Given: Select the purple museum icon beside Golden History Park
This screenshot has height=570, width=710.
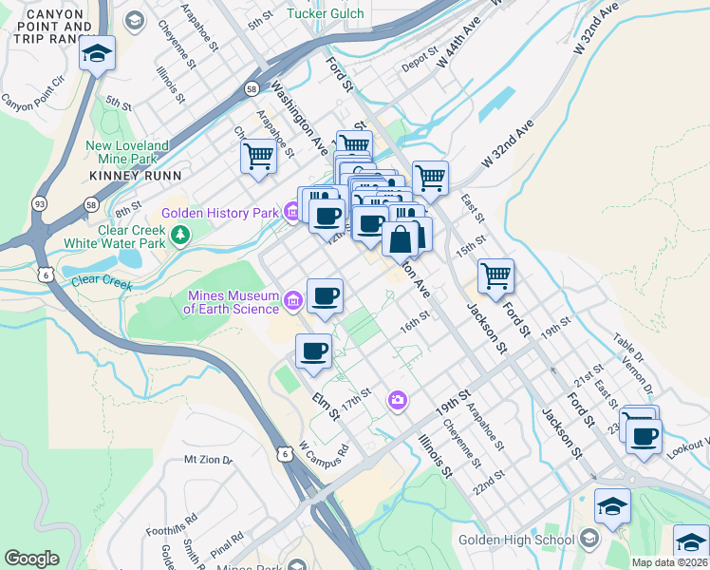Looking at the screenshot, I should tap(292, 212).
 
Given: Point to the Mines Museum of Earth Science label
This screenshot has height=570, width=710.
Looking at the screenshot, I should tap(232, 301).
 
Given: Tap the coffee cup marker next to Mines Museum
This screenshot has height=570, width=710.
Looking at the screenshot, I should tap(326, 296).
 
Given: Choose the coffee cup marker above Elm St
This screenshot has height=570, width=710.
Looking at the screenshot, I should tap(314, 351).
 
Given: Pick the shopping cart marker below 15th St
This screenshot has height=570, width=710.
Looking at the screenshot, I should tap(495, 276).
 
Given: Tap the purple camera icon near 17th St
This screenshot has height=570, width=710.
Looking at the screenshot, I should tap(397, 401).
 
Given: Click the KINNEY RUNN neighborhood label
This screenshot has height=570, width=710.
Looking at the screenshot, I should tap(129, 176).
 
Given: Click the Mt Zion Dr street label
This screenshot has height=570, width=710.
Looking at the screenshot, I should tap(208, 460).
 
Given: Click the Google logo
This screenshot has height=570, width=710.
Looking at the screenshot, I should tap(31, 559).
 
